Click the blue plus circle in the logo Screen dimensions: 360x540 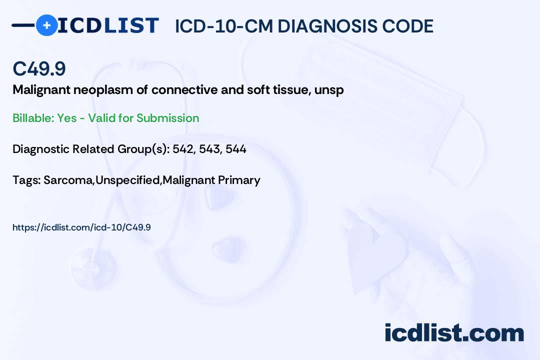pos(46,25)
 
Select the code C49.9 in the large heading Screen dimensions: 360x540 pos(39,69)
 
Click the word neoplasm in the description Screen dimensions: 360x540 pos(89,90)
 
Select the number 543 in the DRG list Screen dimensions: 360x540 pos(210,149)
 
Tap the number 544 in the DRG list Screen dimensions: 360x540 pos(236,149)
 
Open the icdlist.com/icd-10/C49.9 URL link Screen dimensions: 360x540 pos(81,227)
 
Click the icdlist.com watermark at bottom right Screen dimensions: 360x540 pos(454,333)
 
